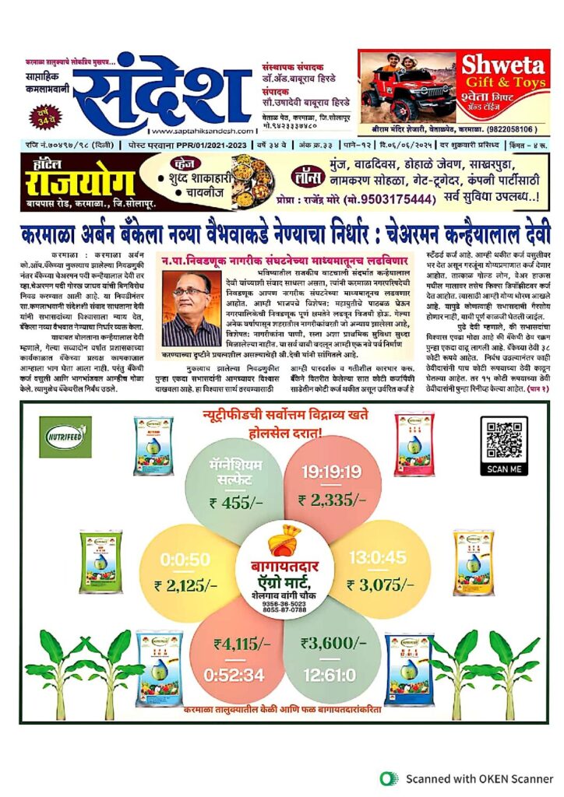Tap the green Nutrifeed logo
(65, 437)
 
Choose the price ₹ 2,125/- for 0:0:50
(185, 585)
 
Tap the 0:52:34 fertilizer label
(235, 674)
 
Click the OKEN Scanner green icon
(387, 778)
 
